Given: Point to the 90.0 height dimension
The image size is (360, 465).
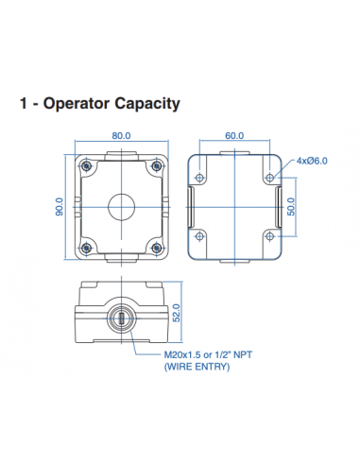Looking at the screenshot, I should (59, 207).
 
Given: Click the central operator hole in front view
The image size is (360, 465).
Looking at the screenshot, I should (120, 202).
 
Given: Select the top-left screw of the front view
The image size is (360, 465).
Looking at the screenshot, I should (87, 166).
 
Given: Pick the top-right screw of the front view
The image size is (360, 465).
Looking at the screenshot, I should (153, 166).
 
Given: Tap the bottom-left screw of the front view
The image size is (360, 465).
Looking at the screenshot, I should (87, 248).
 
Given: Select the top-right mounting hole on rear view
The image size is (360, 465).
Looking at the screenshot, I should (270, 177).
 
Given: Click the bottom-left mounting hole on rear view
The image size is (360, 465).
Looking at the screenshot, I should (200, 232).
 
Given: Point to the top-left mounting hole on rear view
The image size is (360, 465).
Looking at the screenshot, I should (200, 177).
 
